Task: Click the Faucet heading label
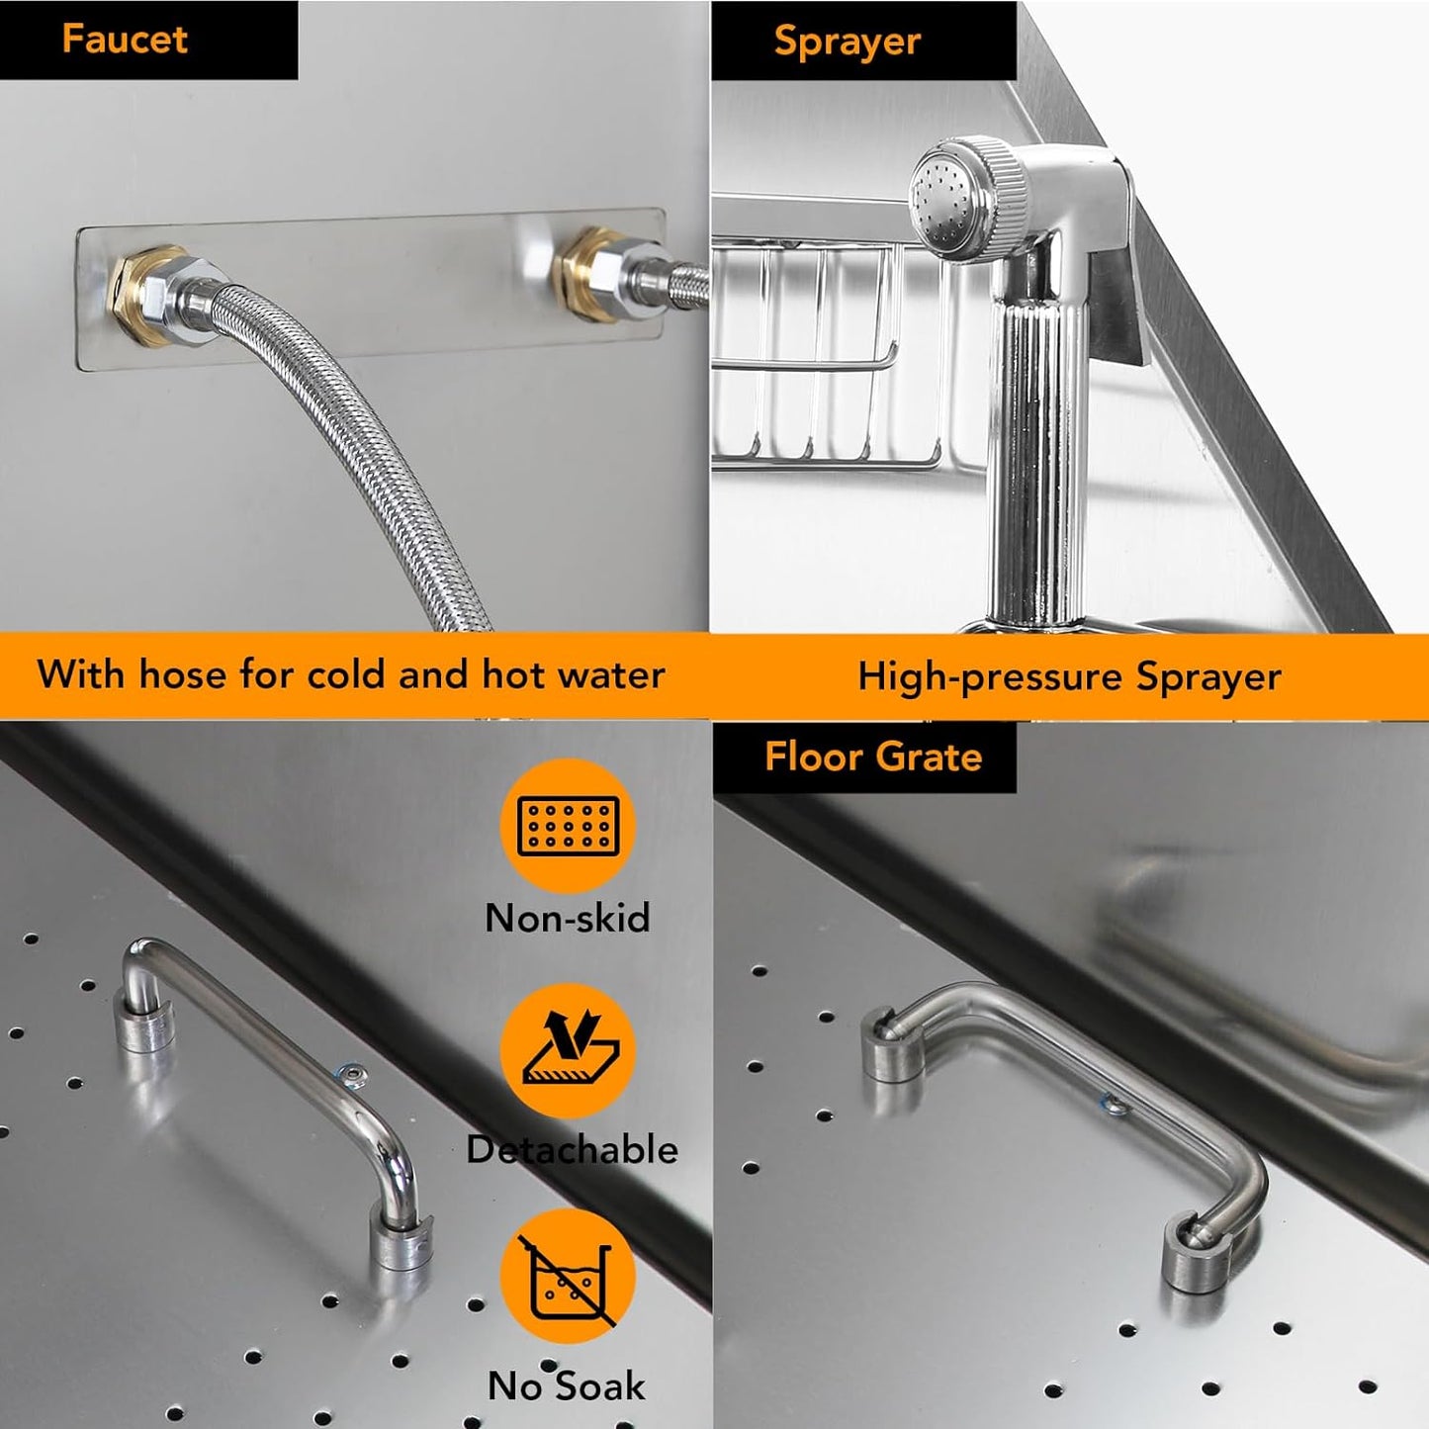[x=125, y=40]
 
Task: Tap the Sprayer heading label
[x=847, y=42]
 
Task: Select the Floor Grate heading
[x=873, y=758]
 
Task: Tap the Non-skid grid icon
[x=569, y=826]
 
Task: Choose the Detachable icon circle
[x=569, y=1050]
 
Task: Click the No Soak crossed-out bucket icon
[x=569, y=1276]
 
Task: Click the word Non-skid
[x=568, y=918]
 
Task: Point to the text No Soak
[x=567, y=1385]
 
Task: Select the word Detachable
[x=572, y=1149]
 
